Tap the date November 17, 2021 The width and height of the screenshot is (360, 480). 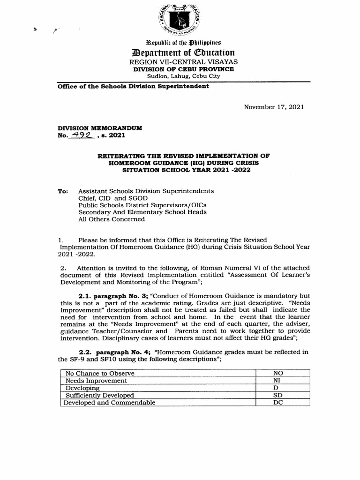pos(274,107)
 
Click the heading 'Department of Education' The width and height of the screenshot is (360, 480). pos(183,52)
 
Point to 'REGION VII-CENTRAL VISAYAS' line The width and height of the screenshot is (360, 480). pos(183,62)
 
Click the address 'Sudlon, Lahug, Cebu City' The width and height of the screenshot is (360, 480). pos(183,76)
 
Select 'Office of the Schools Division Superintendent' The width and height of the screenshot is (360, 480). pos(133,87)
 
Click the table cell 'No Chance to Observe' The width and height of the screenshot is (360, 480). pos(100,373)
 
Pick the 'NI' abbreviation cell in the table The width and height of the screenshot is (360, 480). pos(277,381)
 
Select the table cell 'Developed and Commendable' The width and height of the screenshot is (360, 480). pos(109,402)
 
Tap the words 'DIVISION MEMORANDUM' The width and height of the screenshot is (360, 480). pos(99,128)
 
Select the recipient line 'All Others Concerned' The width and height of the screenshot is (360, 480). pos(112,219)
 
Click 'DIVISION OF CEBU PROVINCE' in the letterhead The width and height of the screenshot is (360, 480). pos(183,69)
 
